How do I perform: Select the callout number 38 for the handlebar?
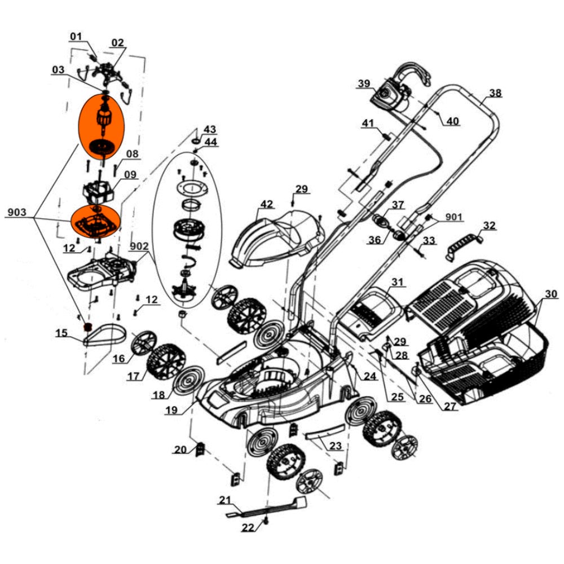pos(495,93)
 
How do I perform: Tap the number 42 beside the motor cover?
pos(266,204)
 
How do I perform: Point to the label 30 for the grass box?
pos(550,293)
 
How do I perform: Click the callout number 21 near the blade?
pos(225,500)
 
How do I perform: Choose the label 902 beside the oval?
pos(139,246)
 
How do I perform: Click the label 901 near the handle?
pos(454,217)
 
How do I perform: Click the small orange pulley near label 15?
pos(87,327)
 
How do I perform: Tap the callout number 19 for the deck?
pos(173,411)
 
